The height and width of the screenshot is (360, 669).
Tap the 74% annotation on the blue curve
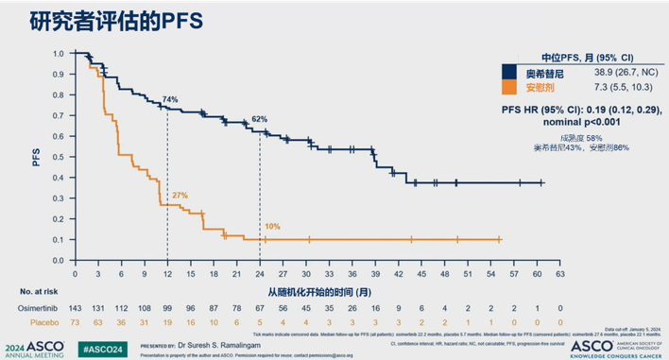(x=170, y=98)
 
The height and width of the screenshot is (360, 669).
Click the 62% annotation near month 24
(x=259, y=119)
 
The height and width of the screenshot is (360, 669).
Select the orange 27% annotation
(x=180, y=195)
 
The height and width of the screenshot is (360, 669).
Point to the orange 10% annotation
(x=272, y=227)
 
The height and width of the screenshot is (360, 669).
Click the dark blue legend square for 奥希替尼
(x=511, y=71)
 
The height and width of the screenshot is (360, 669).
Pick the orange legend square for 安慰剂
(x=511, y=86)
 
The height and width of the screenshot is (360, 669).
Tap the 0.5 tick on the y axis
(x=58, y=157)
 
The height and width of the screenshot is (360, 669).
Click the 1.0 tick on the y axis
(x=58, y=54)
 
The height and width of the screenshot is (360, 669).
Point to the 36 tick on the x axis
(x=352, y=274)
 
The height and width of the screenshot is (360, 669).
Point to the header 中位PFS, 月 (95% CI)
(x=580, y=56)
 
